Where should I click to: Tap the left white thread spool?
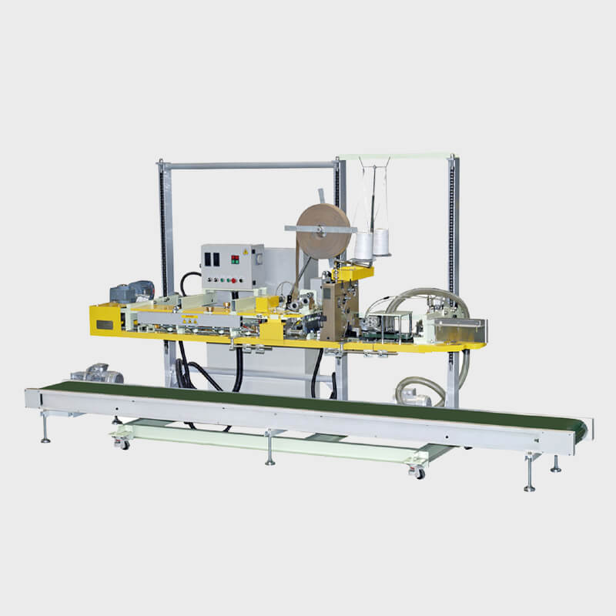(x=363, y=245)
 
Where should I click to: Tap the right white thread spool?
(x=381, y=242)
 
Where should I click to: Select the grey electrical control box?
(x=232, y=266)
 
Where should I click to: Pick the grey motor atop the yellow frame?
(x=131, y=292)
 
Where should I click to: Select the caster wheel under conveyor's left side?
(x=122, y=443)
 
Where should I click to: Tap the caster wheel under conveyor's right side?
(x=417, y=472)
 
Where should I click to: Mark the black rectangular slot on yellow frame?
(x=104, y=324)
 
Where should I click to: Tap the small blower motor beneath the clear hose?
(x=417, y=397)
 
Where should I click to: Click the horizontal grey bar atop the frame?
(x=249, y=164)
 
